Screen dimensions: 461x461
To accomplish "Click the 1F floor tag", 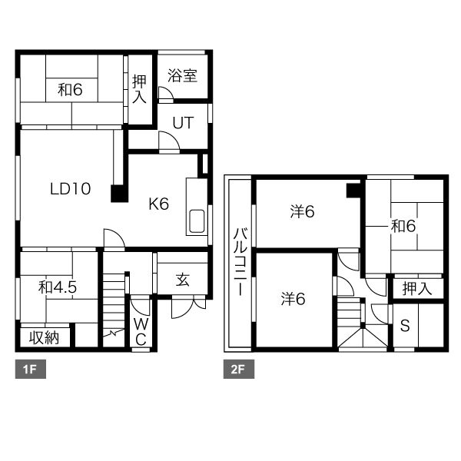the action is click(30, 369).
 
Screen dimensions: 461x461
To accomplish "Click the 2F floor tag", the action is click(239, 369).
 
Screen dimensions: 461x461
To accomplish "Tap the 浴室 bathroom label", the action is click(182, 75).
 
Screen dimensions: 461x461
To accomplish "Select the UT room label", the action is click(183, 123).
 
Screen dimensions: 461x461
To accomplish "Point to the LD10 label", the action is click(70, 189).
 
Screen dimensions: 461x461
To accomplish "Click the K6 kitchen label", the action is click(159, 204).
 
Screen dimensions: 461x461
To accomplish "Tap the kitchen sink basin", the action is click(197, 221).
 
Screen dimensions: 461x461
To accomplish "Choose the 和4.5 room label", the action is click(58, 287).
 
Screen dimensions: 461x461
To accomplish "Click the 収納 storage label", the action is click(44, 338).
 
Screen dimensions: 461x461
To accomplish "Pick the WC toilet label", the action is click(141, 332).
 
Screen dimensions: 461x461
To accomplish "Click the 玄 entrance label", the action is click(183, 280).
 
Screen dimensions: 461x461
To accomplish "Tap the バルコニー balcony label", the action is click(240, 261).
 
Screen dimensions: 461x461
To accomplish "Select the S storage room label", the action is click(405, 326).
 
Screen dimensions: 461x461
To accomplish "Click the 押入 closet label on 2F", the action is click(417, 288).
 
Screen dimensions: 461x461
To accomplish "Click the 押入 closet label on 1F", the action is click(139, 89).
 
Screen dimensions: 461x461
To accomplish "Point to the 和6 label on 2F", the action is click(403, 226).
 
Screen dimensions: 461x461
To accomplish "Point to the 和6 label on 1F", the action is click(70, 89).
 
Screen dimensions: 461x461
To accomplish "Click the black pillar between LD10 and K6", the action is click(119, 194).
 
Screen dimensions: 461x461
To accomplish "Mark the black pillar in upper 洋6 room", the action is click(353, 191).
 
